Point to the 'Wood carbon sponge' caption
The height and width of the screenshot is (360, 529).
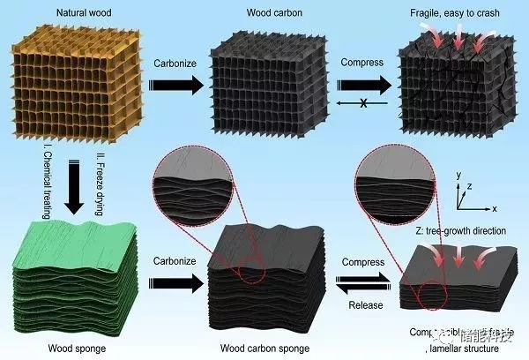click(257, 350)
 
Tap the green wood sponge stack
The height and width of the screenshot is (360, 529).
click(75, 278)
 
